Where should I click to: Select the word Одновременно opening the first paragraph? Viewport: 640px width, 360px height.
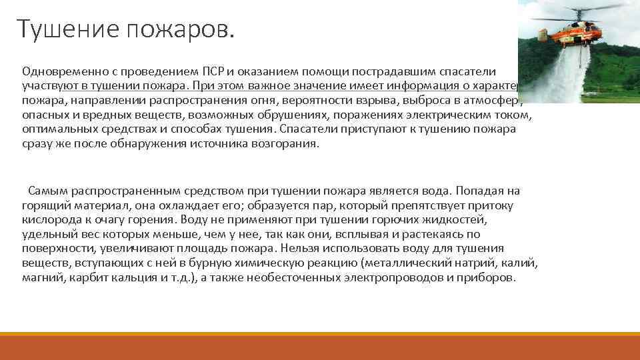(x=59, y=71)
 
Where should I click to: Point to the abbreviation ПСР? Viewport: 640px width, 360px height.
(x=212, y=71)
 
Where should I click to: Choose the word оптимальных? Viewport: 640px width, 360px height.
(x=54, y=130)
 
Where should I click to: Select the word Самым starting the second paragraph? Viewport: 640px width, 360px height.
(x=45, y=191)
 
